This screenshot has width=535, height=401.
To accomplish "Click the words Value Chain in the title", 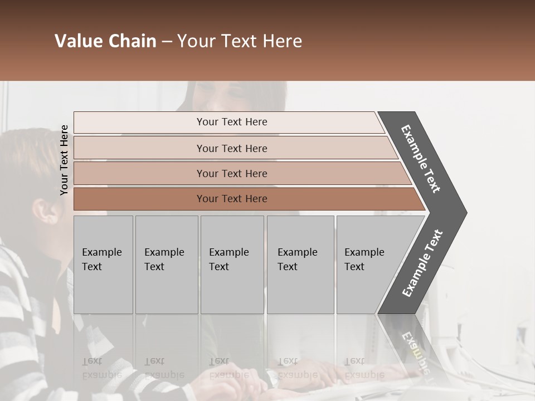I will [x=105, y=41].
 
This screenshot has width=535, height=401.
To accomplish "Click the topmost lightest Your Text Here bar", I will [x=232, y=122].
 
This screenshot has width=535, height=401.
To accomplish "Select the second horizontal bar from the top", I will [x=232, y=148].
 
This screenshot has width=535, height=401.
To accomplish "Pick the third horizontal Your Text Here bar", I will [x=232, y=173].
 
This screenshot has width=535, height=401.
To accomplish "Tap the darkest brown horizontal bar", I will [x=232, y=199].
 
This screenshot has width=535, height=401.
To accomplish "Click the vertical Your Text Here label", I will [x=64, y=160].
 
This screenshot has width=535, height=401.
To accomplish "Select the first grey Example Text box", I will [x=103, y=265].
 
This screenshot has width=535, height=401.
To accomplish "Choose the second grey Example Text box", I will [x=166, y=265].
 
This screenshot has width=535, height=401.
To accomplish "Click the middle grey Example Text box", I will [x=232, y=265].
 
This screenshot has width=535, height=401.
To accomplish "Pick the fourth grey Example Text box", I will [x=300, y=265].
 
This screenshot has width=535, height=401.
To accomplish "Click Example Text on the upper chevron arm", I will [x=421, y=159].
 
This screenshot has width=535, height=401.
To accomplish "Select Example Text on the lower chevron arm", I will [x=422, y=263].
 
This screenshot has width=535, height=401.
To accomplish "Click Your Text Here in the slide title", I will [x=239, y=41].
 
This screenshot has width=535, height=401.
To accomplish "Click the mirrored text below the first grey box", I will [x=101, y=369].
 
